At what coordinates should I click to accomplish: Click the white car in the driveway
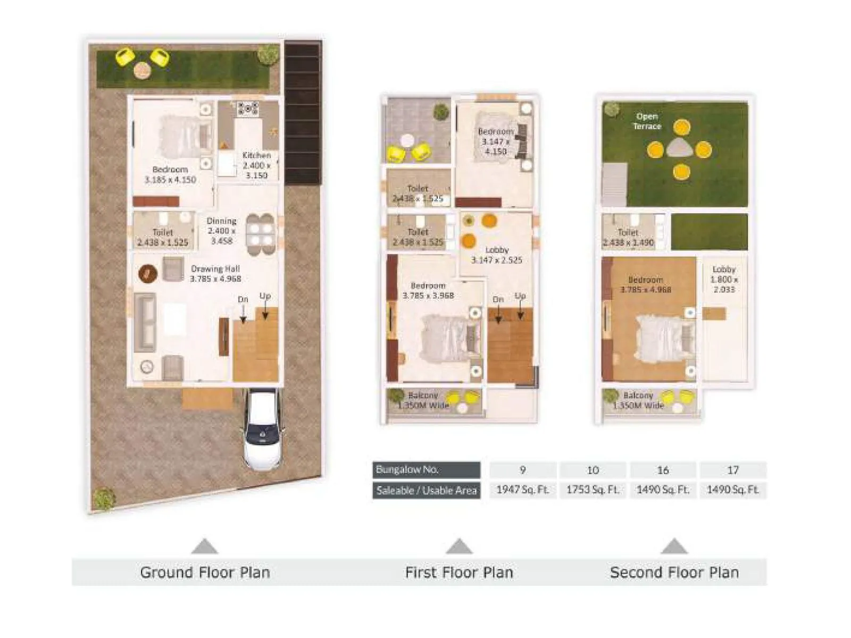(x=263, y=431)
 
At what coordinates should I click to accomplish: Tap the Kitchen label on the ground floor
(x=256, y=165)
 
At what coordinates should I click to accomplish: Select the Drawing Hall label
(x=215, y=274)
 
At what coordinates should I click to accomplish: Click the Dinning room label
(x=221, y=230)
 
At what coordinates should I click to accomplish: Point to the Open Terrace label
(x=647, y=121)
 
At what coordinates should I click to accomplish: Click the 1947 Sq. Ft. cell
(x=522, y=490)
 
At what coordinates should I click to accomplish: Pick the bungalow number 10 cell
(x=593, y=470)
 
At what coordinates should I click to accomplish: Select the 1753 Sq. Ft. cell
(x=593, y=490)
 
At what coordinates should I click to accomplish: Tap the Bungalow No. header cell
(x=426, y=470)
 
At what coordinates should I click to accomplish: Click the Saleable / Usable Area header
(x=426, y=490)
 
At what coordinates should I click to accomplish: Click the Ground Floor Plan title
(x=205, y=573)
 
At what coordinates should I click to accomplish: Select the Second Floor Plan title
(x=674, y=573)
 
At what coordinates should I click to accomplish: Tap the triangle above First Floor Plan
(x=459, y=547)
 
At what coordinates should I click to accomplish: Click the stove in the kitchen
(x=247, y=109)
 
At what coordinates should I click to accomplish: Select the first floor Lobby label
(x=497, y=255)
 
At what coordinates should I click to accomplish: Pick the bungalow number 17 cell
(x=732, y=470)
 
